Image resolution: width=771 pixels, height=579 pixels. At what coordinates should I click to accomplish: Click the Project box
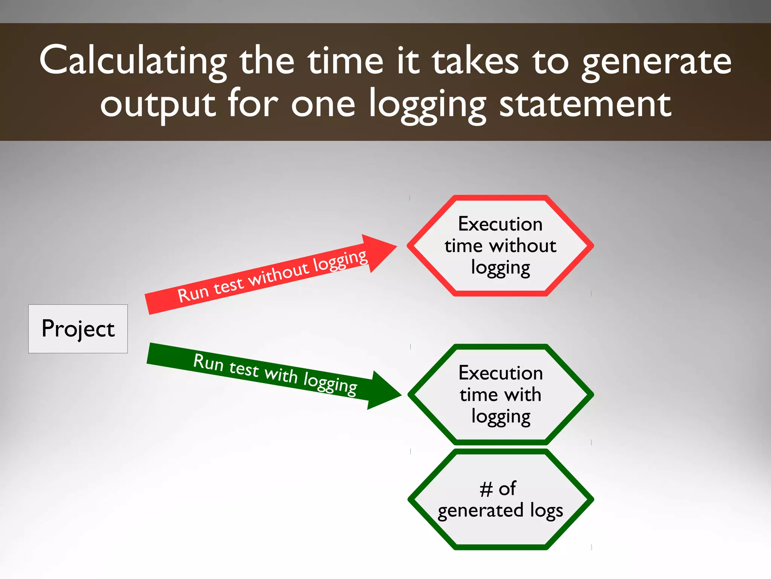pos(78,328)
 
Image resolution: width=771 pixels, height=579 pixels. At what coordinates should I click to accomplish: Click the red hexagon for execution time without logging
pos(500,246)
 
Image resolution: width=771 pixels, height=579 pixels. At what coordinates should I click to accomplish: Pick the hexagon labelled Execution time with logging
pos(500,394)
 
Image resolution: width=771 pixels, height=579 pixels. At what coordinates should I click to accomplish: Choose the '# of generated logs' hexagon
pos(500,500)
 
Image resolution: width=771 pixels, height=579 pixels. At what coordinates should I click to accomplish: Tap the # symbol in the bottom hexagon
pos(486,489)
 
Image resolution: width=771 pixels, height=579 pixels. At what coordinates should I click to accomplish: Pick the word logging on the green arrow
pos(330,383)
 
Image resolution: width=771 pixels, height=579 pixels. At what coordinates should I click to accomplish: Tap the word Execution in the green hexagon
pos(500,373)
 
